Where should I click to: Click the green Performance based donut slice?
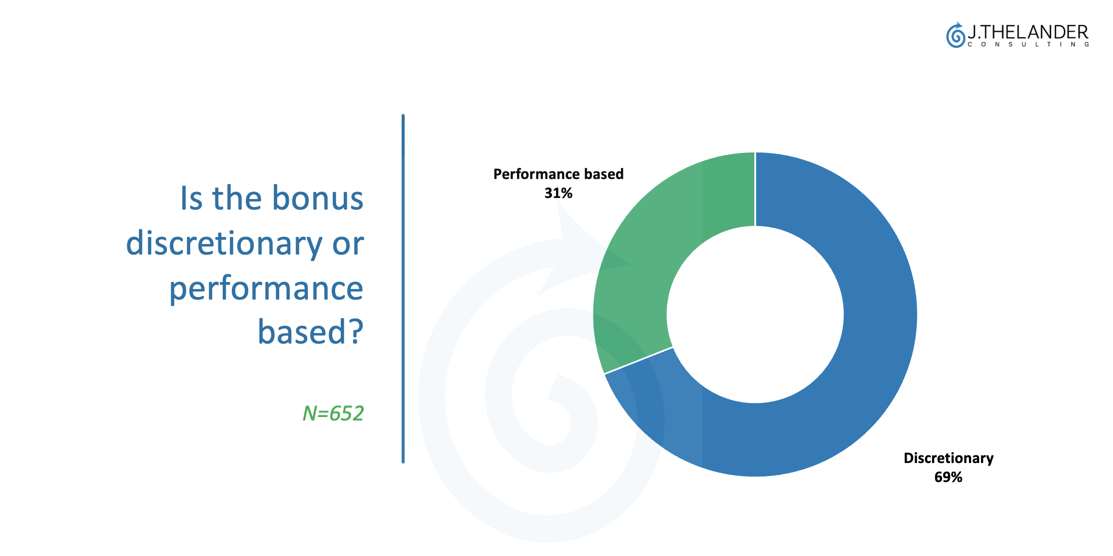click(649, 250)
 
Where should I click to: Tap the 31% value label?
click(558, 193)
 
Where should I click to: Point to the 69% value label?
click(948, 477)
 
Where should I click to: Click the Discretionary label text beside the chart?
click(949, 458)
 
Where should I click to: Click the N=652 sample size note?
click(333, 413)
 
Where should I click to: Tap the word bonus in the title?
click(318, 198)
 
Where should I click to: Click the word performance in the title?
click(266, 289)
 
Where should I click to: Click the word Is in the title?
click(191, 198)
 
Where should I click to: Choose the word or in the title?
click(348, 244)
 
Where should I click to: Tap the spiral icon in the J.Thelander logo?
click(956, 35)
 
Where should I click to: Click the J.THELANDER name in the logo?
click(1028, 32)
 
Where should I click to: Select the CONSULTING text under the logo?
click(1029, 44)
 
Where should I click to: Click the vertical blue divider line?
click(403, 288)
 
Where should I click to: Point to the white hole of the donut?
click(755, 314)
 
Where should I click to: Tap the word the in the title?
click(237, 198)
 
